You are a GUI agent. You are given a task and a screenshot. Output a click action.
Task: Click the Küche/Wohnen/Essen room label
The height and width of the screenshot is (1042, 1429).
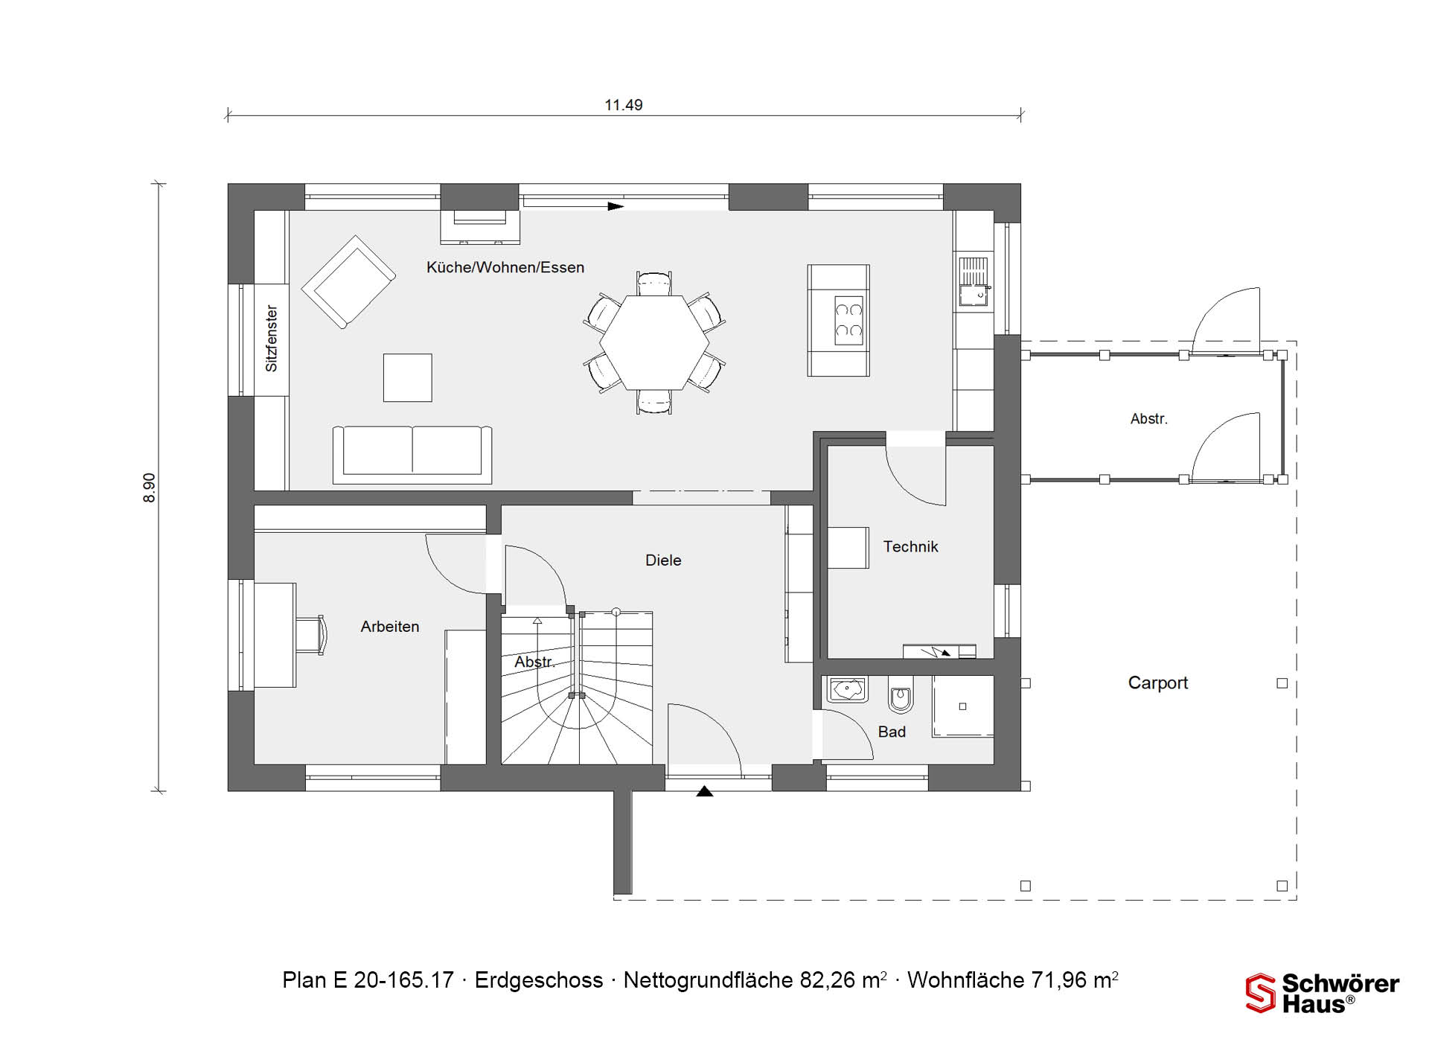coord(505,267)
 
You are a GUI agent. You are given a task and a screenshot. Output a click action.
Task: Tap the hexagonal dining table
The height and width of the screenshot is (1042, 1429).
coord(654,342)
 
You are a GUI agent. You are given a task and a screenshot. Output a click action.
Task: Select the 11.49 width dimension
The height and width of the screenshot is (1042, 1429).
coord(624,105)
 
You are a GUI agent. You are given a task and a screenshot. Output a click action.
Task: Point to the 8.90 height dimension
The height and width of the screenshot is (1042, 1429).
coord(150,488)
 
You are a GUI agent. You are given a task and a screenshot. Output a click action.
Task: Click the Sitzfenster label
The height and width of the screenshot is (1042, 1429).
coord(272,339)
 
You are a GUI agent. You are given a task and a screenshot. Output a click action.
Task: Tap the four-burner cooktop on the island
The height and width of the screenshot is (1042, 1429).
coord(848,321)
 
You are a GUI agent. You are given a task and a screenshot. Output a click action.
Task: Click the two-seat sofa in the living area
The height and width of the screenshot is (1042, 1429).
coord(412,454)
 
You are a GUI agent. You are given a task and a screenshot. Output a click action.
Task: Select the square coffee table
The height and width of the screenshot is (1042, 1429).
coord(408,377)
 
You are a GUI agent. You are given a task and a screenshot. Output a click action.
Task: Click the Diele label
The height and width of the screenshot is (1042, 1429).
coord(663,560)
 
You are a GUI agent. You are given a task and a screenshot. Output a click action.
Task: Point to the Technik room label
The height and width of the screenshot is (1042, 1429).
coord(910,547)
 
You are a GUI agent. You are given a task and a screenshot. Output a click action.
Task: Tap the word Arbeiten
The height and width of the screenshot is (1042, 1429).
coord(390,627)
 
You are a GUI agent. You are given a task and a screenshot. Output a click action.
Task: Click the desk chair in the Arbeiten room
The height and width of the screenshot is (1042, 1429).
coord(312,635)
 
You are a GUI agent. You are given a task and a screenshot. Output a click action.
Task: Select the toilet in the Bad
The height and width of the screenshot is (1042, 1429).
coord(901,695)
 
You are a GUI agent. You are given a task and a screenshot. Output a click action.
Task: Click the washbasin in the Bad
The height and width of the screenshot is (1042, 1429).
coord(848,690)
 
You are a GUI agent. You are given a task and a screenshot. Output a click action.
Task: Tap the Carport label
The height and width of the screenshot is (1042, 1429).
coord(1158,683)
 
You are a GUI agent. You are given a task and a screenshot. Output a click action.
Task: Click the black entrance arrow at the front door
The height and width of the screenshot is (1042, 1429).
coord(705,791)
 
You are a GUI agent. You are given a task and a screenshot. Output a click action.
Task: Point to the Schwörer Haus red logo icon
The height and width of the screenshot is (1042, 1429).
coord(1261,994)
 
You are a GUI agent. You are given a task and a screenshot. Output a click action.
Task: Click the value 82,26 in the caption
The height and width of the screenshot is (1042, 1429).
coord(828,980)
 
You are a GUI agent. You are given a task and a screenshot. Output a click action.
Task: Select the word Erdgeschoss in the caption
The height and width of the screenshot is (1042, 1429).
coord(539,980)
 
